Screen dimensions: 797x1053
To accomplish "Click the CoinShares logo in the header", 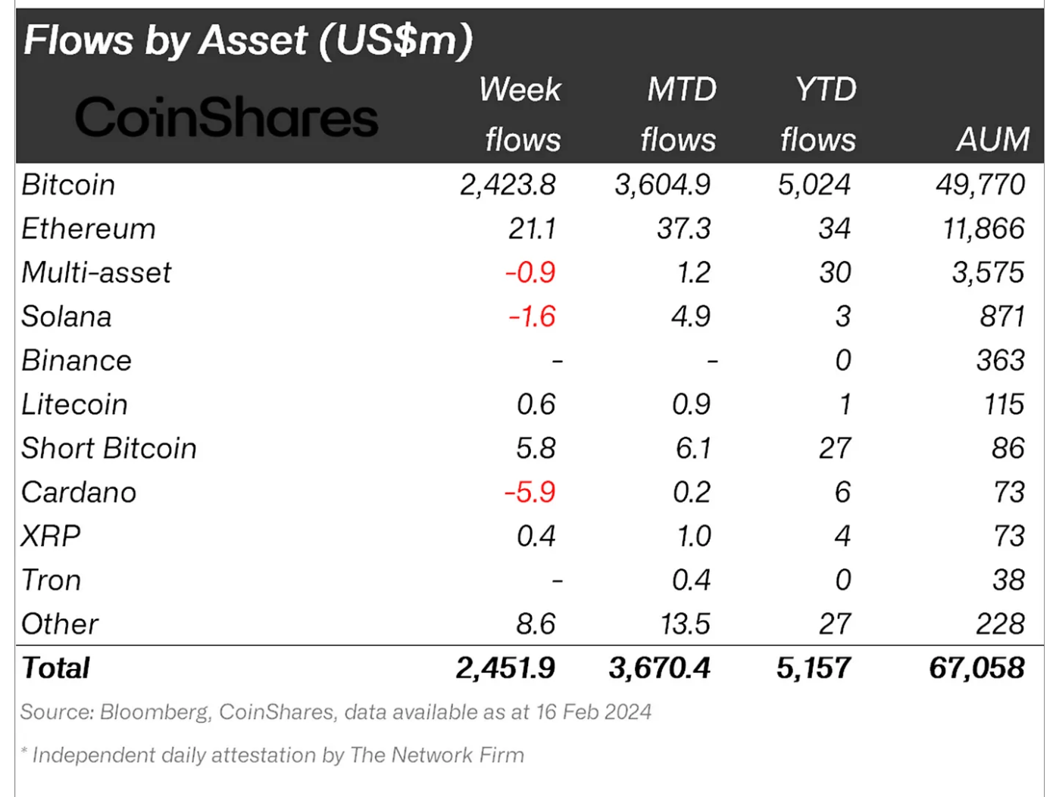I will (x=226, y=118).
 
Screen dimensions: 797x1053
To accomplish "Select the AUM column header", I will (x=992, y=140).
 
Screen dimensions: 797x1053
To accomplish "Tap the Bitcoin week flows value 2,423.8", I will (x=508, y=185).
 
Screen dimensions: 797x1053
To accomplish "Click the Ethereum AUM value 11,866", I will (x=983, y=229).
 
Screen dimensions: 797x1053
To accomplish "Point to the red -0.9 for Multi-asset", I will (x=530, y=272).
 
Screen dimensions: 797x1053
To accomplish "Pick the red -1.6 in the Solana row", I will (x=532, y=316).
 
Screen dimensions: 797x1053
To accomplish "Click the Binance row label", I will (x=77, y=360).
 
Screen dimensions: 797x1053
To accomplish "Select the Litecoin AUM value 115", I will (x=1004, y=404).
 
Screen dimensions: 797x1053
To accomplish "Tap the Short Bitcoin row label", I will (x=109, y=448).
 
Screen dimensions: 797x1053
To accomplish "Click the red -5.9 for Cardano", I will (x=530, y=492).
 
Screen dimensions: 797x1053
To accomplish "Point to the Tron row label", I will (x=51, y=580).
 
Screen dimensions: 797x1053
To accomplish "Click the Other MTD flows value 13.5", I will (x=685, y=624).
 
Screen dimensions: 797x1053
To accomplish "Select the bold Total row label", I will (x=56, y=668).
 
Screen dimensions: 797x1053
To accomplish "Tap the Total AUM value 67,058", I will (x=977, y=668).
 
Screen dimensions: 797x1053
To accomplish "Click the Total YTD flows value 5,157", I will (x=814, y=668).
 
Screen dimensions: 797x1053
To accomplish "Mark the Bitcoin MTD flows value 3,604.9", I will (x=663, y=185).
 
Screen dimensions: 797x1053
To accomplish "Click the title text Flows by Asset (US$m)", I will (x=248, y=40).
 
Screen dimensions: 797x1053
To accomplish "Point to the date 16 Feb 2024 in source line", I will (x=594, y=711).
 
